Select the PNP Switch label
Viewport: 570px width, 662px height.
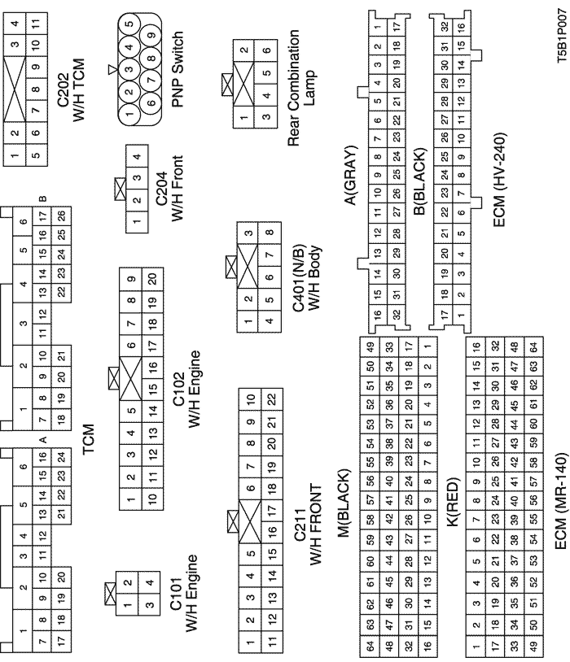(178, 69)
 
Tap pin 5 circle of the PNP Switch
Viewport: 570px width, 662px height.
(129, 24)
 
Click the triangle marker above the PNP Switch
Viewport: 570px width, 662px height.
(112, 69)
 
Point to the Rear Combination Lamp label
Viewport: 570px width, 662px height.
(300, 88)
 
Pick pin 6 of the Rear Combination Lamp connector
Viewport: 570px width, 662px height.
(266, 50)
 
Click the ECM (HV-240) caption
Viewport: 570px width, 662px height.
(499, 181)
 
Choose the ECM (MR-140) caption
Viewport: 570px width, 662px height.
(560, 501)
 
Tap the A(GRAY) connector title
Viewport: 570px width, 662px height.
(350, 176)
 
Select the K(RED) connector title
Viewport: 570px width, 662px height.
(453, 502)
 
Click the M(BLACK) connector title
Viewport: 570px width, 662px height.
(344, 503)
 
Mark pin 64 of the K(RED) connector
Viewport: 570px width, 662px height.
(533, 347)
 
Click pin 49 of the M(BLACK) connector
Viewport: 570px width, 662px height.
(370, 347)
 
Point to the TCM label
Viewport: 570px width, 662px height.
(89, 439)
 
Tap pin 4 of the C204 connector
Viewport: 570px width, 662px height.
(137, 156)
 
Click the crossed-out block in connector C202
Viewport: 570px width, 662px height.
(15, 89)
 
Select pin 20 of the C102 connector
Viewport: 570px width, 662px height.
(152, 279)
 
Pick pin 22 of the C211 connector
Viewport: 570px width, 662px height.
(272, 399)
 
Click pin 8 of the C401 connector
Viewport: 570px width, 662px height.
(270, 233)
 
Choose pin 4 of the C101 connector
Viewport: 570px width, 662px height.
(150, 583)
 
